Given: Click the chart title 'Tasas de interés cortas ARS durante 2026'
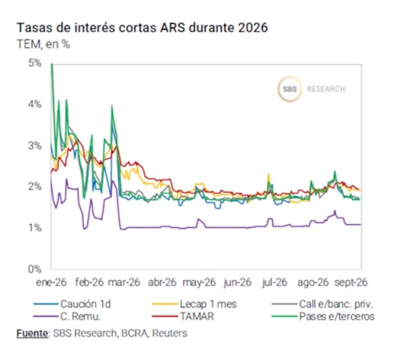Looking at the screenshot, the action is [x=142, y=28].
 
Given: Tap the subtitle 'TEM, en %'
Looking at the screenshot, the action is [x=43, y=44].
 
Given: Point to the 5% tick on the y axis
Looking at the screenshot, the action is [x=35, y=63].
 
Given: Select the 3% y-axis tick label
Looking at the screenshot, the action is [x=35, y=145].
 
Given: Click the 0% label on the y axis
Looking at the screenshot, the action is [x=35, y=269].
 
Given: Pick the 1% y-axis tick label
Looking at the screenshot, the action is [x=35, y=228].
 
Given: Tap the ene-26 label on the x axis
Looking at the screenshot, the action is [x=52, y=282].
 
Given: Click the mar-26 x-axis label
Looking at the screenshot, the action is [x=124, y=282].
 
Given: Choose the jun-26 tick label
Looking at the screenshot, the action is [x=237, y=282].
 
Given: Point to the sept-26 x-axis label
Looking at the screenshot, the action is [x=351, y=282].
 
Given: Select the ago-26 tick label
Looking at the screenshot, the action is [x=313, y=282].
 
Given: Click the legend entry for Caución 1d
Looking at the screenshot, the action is [x=72, y=304].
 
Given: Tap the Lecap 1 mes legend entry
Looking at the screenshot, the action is [x=195, y=304].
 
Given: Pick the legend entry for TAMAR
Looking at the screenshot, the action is [x=183, y=316].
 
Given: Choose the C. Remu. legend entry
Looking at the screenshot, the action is [x=67, y=316].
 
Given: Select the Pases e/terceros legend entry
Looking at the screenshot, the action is [x=323, y=316].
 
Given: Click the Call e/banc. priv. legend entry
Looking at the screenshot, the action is [x=322, y=304].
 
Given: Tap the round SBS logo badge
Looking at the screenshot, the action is [x=290, y=89].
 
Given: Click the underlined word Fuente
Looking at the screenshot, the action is [x=32, y=333].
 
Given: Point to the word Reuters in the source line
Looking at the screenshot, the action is [x=170, y=333].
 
